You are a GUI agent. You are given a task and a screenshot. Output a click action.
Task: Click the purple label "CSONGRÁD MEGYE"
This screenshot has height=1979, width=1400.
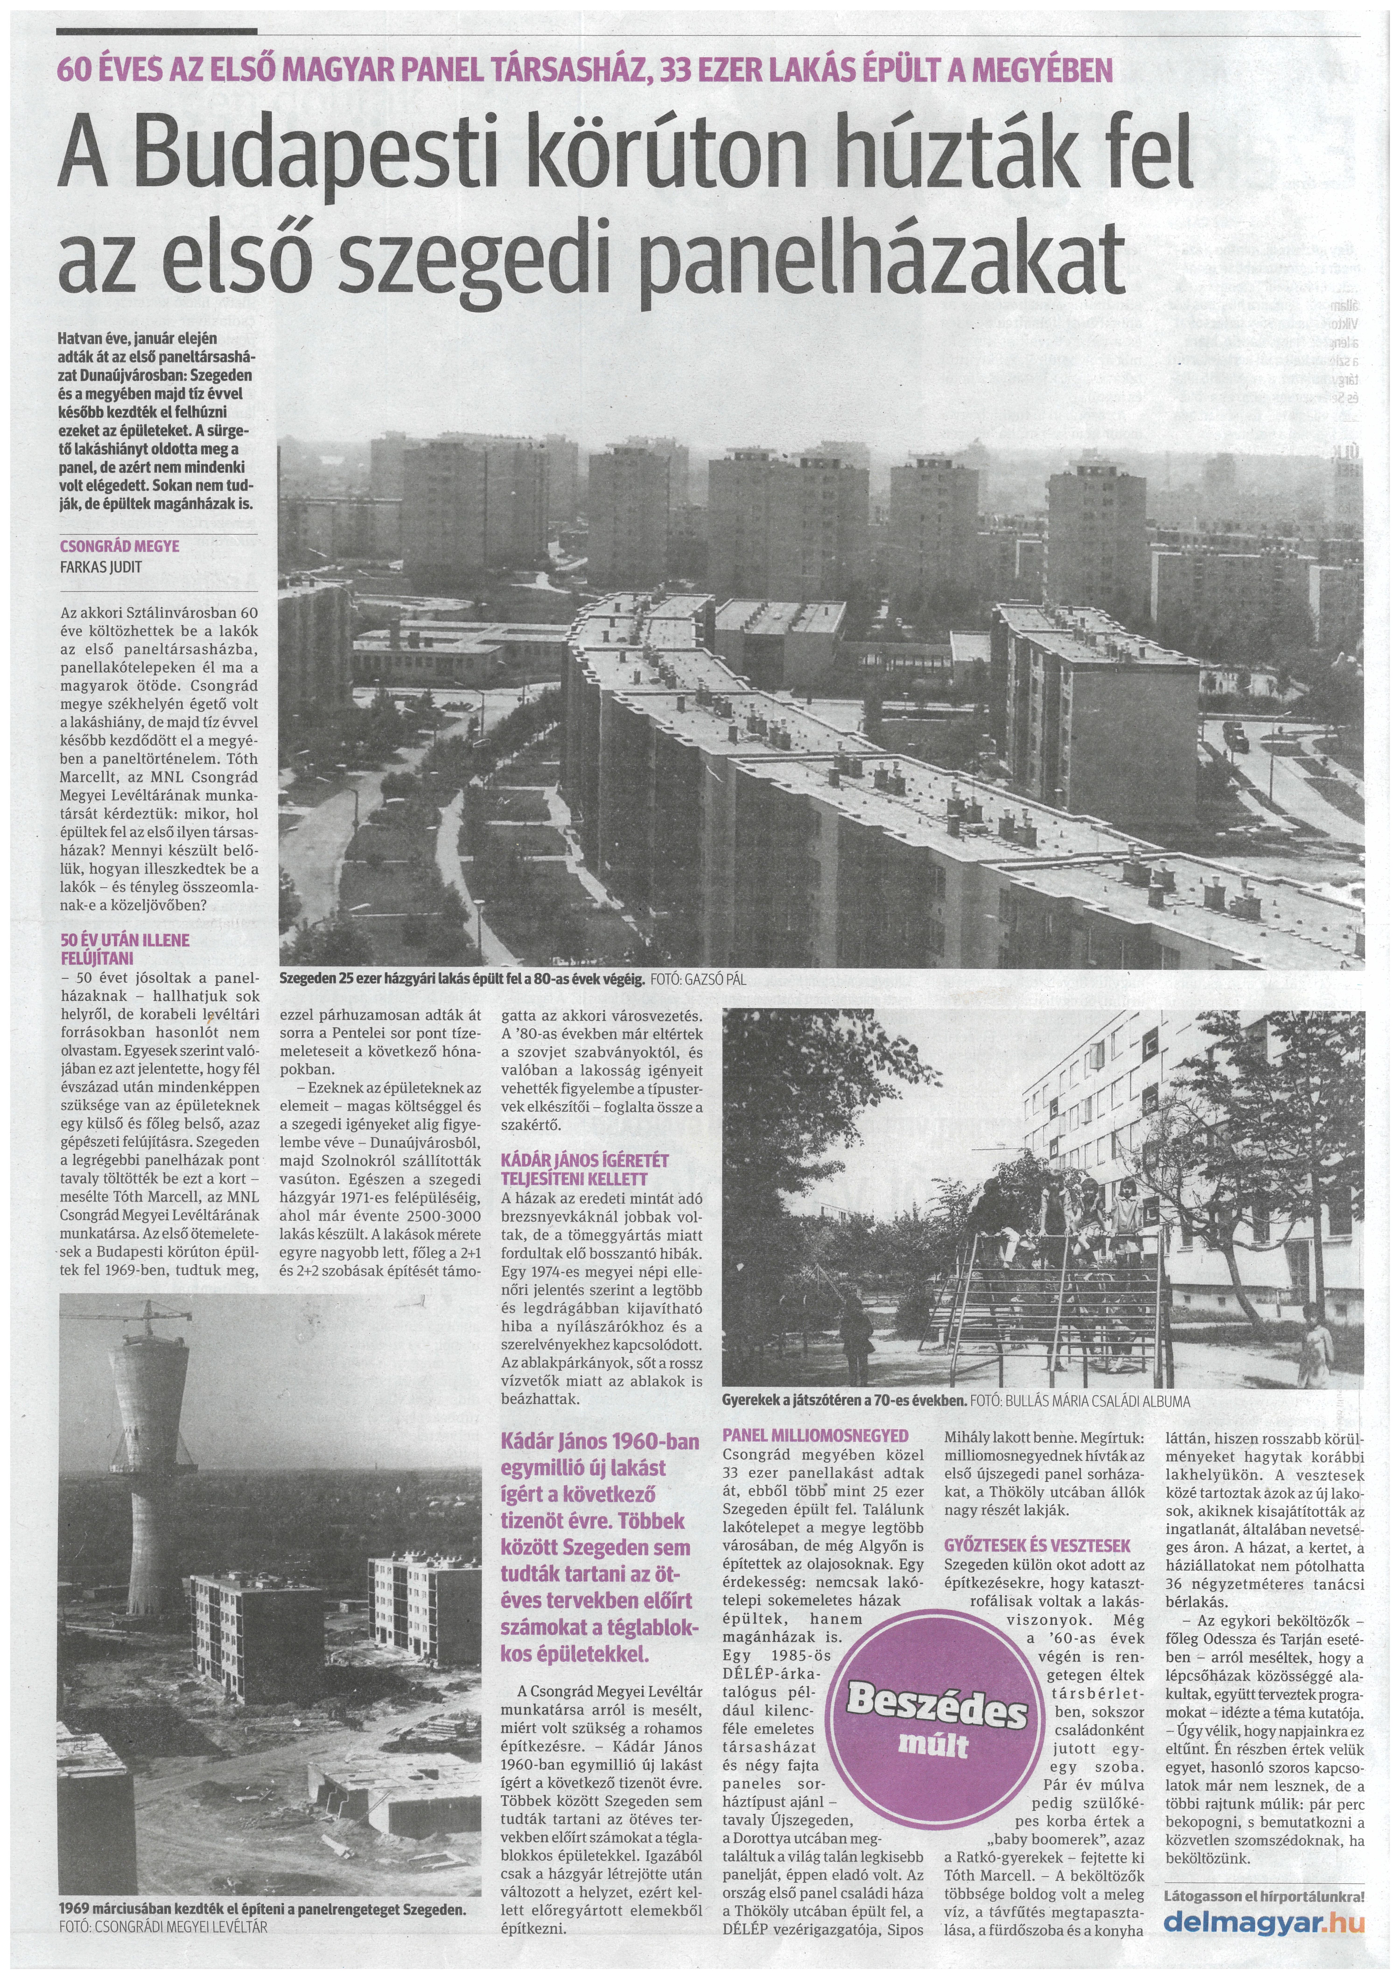[120, 547]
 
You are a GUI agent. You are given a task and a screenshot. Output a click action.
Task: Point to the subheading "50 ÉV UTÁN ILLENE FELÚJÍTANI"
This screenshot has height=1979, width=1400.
[125, 948]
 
